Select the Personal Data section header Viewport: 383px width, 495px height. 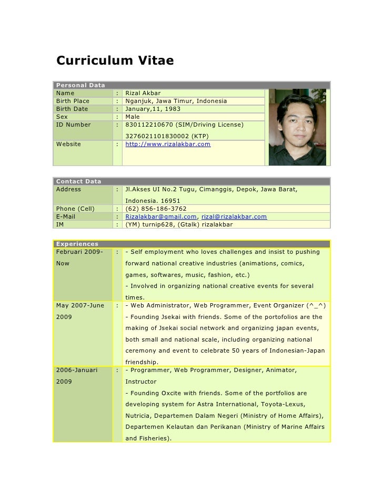pyautogui.click(x=80, y=85)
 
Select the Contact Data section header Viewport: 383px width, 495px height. pyautogui.click(x=78, y=181)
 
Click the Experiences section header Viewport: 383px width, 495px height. pyautogui.click(x=77, y=244)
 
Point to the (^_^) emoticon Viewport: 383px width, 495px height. pyautogui.click(x=317, y=305)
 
